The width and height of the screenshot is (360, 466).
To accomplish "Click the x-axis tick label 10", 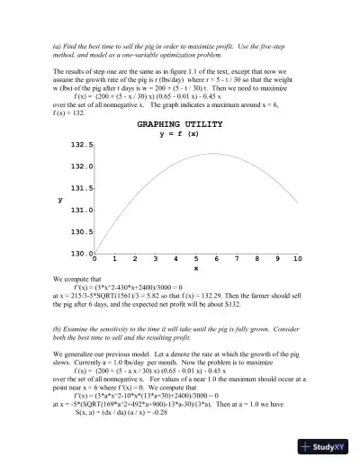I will pos(297,259).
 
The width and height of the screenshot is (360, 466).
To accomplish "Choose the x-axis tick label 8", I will pos(256,259).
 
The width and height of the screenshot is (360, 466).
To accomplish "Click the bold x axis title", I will pos(196,268).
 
